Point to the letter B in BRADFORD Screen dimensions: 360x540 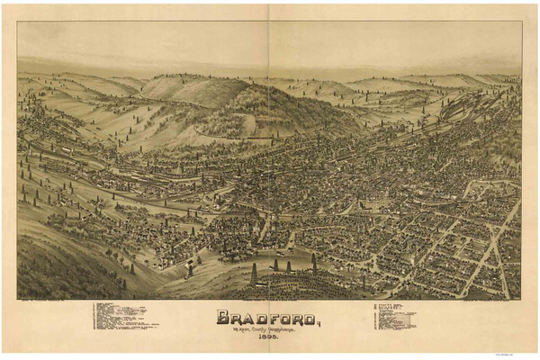[222, 317]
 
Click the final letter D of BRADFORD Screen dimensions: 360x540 [308, 317]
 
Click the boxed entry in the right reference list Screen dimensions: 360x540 [402, 319]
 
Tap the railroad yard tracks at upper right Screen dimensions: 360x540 [468, 108]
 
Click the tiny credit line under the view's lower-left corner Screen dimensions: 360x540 [40, 301]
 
